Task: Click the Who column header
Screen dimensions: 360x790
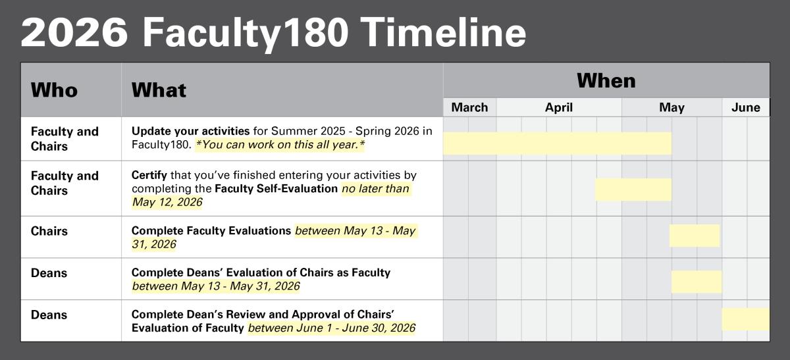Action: coord(54,90)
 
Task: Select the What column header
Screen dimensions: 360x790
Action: coord(159,90)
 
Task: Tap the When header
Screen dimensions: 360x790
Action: coord(606,81)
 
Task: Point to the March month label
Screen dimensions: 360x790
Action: coord(469,107)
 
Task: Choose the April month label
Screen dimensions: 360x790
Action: coord(558,107)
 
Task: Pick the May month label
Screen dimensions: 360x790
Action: coord(671,107)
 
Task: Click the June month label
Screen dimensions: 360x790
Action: coord(745,107)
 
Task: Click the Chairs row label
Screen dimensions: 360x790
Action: coord(49,231)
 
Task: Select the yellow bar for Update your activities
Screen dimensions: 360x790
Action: coord(557,143)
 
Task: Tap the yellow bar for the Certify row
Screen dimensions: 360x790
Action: coord(633,190)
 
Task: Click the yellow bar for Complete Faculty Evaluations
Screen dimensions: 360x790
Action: coord(695,236)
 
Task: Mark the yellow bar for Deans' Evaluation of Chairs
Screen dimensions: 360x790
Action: coord(697,282)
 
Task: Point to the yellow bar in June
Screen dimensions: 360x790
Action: coord(745,319)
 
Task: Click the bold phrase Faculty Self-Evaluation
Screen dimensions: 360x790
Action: coord(276,189)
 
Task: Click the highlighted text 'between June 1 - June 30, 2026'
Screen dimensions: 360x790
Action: coord(331,328)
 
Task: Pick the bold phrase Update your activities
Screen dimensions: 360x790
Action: coord(190,131)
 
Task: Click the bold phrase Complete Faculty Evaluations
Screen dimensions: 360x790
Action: coord(211,231)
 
